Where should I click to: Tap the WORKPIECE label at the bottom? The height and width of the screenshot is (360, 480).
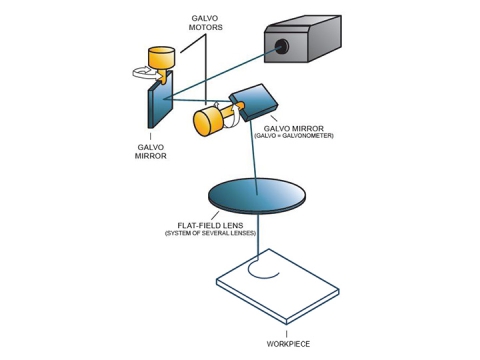[287, 343]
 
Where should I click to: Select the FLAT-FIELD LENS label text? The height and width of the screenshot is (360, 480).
[210, 225]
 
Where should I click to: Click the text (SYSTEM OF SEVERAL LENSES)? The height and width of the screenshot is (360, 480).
[210, 233]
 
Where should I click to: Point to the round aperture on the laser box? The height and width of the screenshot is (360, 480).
[286, 45]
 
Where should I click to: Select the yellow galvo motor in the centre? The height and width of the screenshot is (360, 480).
[209, 120]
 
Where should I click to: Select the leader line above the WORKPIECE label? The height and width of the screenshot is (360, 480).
[287, 331]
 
